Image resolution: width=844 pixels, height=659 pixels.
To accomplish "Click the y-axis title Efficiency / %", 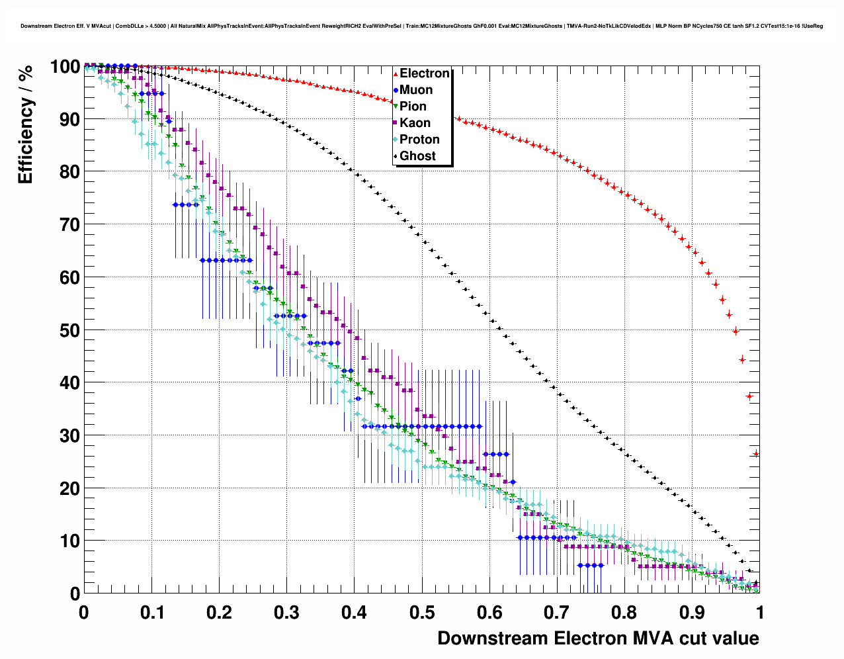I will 25,125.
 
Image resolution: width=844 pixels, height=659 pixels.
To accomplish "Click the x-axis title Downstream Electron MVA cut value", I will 598,638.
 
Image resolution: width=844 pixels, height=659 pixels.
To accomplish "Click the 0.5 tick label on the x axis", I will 422,612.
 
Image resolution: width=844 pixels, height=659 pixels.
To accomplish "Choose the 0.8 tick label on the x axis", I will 624,612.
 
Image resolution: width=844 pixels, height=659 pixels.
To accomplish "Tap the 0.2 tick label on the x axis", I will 220,612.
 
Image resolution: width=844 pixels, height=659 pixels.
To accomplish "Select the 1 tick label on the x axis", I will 759,612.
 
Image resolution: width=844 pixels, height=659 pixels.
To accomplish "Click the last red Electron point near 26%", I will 756,453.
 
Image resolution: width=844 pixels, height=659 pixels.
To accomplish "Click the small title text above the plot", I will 421,26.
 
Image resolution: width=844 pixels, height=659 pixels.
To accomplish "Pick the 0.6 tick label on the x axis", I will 489,612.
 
